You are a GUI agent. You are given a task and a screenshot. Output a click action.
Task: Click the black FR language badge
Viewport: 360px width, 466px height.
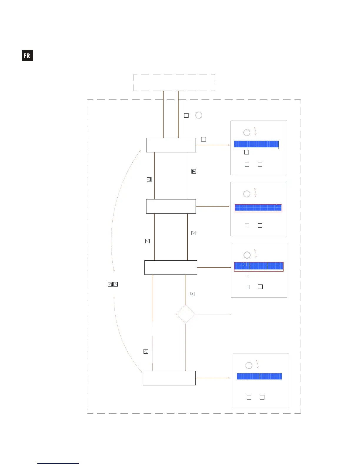pos(27,56)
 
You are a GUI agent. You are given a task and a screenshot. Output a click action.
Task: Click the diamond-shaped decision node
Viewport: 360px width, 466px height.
pos(186,314)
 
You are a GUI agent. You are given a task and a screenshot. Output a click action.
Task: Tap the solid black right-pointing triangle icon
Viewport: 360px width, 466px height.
pos(194,171)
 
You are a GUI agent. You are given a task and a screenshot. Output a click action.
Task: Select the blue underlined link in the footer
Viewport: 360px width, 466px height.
pos(58,463)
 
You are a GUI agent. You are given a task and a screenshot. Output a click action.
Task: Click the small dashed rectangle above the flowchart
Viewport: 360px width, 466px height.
pos(174,82)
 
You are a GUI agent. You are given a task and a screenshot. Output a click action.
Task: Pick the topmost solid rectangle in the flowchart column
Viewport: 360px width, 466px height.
pos(171,145)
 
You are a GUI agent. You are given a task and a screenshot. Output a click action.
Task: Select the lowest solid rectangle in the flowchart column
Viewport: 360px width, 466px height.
pos(169,378)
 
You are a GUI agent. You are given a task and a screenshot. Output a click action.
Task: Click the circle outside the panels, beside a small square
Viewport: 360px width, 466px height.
pos(199,115)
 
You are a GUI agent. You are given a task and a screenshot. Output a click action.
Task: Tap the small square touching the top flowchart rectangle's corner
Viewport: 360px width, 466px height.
pos(203,139)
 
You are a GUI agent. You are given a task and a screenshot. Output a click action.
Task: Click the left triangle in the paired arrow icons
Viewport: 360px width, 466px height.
pos(110,284)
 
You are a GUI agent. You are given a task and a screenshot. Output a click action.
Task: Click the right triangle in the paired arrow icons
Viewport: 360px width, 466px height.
pos(116,284)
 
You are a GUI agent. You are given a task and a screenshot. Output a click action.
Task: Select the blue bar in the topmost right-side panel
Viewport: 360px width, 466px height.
pos(256,144)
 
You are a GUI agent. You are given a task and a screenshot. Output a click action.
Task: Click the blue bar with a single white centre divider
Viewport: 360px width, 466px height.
pos(259,377)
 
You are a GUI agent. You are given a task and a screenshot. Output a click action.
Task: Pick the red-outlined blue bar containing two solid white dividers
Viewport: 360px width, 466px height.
pos(259,266)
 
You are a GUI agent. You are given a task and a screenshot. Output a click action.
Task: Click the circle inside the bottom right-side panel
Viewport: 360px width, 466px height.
pos(249,366)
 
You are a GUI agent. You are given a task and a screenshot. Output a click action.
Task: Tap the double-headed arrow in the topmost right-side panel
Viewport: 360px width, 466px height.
pos(255,131)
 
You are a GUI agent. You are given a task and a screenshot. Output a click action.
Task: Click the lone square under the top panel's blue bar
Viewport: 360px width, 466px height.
pos(246,152)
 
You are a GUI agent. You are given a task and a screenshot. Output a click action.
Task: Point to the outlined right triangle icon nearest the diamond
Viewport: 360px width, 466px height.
pos(192,294)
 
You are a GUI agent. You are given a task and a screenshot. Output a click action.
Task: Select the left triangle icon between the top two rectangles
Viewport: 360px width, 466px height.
pos(149,179)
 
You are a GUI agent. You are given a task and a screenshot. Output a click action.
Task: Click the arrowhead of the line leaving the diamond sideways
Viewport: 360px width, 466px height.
pos(231,314)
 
